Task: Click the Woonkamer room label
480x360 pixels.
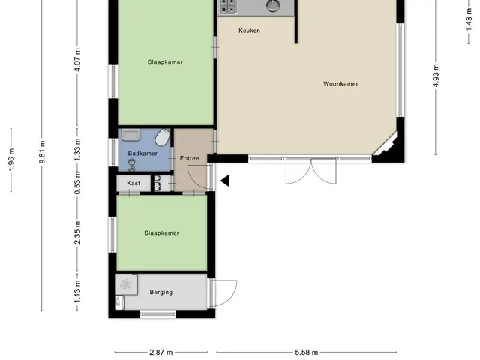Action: click(x=340, y=83)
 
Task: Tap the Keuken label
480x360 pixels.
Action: click(x=249, y=31)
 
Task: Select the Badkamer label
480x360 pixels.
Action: click(x=142, y=153)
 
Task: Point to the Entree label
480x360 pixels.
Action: click(x=190, y=158)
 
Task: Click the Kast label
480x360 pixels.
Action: click(x=133, y=183)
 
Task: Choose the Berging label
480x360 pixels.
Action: click(x=161, y=292)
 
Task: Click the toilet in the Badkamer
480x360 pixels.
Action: click(x=163, y=137)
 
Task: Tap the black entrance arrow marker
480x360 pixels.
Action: click(x=225, y=181)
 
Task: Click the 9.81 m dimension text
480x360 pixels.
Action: click(x=42, y=152)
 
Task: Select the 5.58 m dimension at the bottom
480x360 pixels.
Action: click(x=307, y=352)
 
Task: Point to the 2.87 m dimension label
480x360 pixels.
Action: click(x=161, y=352)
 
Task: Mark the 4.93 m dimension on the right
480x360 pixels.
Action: click(x=436, y=75)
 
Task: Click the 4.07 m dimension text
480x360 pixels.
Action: click(x=77, y=60)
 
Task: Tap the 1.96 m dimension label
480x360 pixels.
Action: click(x=11, y=160)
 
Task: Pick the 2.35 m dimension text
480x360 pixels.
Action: click(x=77, y=232)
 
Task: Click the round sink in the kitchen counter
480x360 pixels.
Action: click(x=273, y=5)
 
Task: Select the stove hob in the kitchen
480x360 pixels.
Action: click(x=228, y=7)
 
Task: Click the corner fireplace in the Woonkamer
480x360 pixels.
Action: click(x=386, y=145)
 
